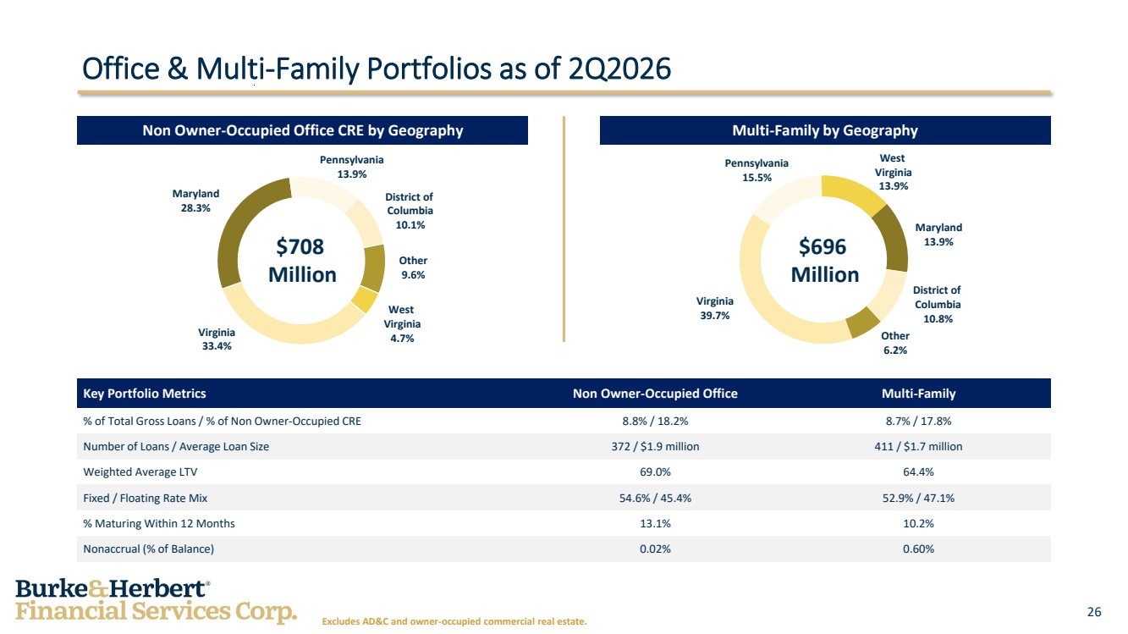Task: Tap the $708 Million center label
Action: pos(301,261)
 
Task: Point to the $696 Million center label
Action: pos(824,261)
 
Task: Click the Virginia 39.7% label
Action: pos(714,308)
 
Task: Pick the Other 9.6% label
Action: pos(413,267)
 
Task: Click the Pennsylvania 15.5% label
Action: pos(757,170)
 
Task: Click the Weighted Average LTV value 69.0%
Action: pos(655,472)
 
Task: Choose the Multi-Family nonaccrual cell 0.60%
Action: pos(918,549)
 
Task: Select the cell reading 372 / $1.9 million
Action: pos(655,447)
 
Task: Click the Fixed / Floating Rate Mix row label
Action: pos(145,498)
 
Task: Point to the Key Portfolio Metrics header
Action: pos(145,394)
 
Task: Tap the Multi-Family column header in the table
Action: pos(918,394)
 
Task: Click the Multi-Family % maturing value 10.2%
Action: pos(918,524)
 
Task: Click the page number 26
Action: pos(1094,612)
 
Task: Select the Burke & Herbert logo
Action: pos(156,601)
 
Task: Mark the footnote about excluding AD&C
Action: pos(454,621)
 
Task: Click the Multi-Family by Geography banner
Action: pos(825,130)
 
